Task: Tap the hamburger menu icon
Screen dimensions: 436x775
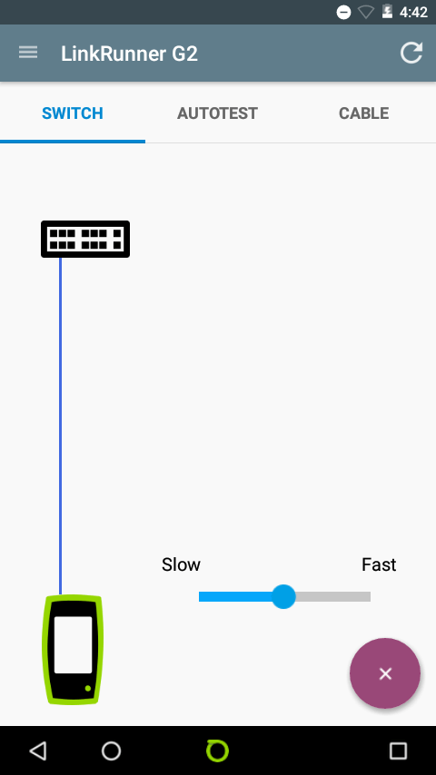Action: tap(28, 53)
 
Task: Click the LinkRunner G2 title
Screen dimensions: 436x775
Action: tap(129, 54)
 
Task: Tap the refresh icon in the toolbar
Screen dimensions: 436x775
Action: tap(411, 53)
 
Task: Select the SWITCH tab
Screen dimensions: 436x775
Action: tap(73, 113)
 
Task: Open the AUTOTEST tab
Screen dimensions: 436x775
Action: tap(217, 113)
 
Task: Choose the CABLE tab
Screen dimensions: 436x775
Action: tap(363, 113)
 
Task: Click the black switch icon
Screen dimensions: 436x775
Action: tap(85, 240)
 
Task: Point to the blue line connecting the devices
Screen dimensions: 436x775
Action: tap(60, 426)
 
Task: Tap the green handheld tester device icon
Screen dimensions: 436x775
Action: tap(73, 650)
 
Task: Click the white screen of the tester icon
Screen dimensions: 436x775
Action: tap(73, 644)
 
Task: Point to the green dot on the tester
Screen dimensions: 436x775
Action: tap(87, 688)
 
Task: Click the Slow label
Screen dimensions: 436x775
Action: tap(181, 564)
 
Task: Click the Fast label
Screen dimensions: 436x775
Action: tap(379, 564)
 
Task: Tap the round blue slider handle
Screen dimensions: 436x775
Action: tap(283, 596)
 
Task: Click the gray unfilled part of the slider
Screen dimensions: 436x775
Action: tap(333, 596)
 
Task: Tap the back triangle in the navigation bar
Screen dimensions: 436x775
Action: tap(38, 750)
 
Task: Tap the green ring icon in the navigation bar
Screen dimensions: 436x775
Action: tap(217, 750)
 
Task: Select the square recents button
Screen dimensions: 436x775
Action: tap(398, 750)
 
